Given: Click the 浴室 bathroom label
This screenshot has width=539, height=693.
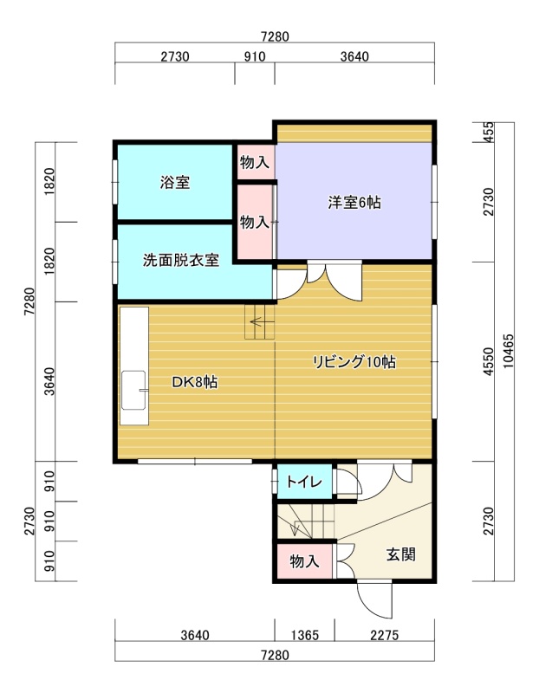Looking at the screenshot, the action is pyautogui.click(x=175, y=182).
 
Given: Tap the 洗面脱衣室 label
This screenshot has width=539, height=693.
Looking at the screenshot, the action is pyautogui.click(x=181, y=260).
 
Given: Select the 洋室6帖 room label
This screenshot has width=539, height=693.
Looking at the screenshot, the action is pyautogui.click(x=354, y=203).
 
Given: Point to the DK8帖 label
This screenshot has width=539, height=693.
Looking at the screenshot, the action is pyautogui.click(x=195, y=382).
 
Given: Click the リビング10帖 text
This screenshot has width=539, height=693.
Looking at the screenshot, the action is pyautogui.click(x=354, y=362).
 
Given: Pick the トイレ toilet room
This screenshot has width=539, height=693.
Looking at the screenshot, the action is pyautogui.click(x=304, y=482).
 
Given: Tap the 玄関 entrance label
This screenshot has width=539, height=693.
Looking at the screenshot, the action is pyautogui.click(x=400, y=554).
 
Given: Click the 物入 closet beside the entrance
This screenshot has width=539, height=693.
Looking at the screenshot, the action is pyautogui.click(x=304, y=561).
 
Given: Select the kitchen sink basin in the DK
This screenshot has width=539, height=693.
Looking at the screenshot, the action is pyautogui.click(x=133, y=390).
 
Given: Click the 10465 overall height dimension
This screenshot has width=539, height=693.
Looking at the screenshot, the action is pyautogui.click(x=508, y=351).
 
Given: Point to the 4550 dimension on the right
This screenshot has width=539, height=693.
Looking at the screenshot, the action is pyautogui.click(x=488, y=361).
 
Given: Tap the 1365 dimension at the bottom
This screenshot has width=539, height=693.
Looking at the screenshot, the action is pyautogui.click(x=305, y=635).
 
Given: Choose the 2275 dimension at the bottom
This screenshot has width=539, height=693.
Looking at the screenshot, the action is pyautogui.click(x=384, y=635).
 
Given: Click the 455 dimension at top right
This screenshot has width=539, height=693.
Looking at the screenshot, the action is pyautogui.click(x=488, y=132).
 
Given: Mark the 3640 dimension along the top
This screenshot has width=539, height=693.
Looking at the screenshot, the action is pyautogui.click(x=354, y=56).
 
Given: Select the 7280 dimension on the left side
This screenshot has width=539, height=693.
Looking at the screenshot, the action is pyautogui.click(x=29, y=301).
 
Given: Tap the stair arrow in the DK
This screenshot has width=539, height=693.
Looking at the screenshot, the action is pyautogui.click(x=257, y=322).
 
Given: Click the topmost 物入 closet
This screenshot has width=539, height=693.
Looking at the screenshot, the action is pyautogui.click(x=255, y=162).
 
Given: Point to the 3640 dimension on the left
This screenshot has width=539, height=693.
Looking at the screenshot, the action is pyautogui.click(x=49, y=381).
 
